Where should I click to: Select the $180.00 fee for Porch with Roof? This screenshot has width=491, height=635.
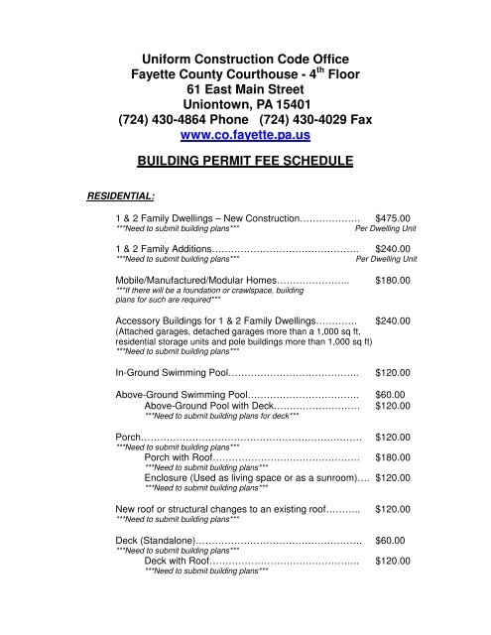click(x=400, y=457)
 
